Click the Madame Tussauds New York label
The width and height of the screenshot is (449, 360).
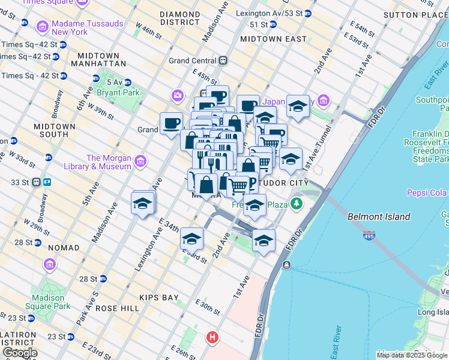[88, 28]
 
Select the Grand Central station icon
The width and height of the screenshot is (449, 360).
[223, 61]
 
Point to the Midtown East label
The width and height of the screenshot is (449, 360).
[273, 39]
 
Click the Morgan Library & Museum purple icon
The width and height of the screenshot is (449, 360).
[140, 161]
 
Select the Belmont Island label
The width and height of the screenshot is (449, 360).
[379, 217]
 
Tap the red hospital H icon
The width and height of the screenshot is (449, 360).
[212, 338]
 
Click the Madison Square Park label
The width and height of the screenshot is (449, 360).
[49, 302]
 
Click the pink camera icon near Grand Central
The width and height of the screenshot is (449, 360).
[177, 95]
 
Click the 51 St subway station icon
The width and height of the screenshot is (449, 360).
[272, 25]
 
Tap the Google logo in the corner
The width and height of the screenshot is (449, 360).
[20, 353]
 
